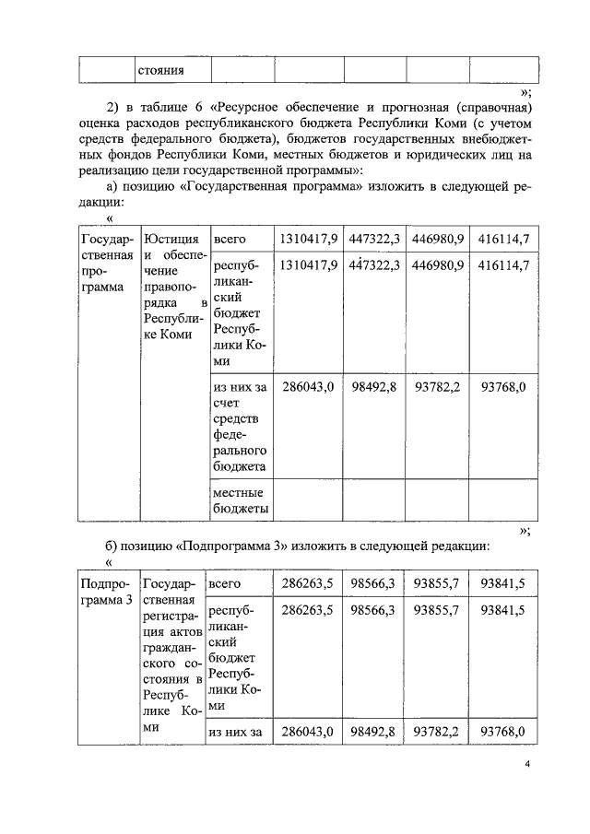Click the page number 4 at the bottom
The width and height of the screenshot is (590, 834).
click(x=528, y=764)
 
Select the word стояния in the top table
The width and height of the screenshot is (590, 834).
click(x=160, y=70)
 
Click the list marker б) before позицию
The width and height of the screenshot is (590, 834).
click(x=114, y=546)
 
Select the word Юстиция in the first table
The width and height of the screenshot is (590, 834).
click(x=171, y=239)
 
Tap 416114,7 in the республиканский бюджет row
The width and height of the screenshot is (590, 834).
click(x=503, y=265)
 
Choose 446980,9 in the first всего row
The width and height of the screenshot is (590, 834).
click(x=437, y=239)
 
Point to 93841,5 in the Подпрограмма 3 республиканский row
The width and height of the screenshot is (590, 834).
click(x=503, y=610)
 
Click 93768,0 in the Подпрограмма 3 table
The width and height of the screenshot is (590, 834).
click(x=503, y=732)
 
